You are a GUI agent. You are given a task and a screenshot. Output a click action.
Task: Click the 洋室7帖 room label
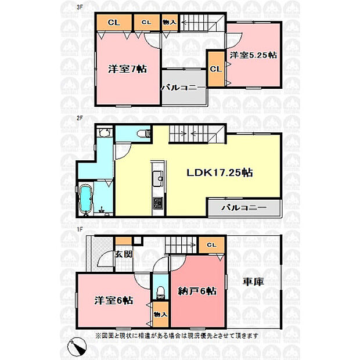(128, 69)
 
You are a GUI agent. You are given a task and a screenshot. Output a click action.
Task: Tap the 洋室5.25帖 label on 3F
(254, 55)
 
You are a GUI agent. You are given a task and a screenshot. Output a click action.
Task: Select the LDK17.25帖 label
(219, 172)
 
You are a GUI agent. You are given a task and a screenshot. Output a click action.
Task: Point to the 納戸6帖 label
(197, 291)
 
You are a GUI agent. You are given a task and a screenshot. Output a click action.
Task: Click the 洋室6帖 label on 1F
(114, 300)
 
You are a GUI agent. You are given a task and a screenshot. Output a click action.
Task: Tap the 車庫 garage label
(254, 282)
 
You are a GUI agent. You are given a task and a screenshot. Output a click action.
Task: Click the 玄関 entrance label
(124, 254)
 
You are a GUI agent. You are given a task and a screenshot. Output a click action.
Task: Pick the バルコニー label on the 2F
(244, 208)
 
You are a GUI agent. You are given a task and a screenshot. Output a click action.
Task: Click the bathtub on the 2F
(85, 199)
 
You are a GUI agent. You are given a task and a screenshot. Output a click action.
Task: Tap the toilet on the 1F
(161, 293)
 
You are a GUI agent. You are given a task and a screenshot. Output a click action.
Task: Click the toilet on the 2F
(143, 134)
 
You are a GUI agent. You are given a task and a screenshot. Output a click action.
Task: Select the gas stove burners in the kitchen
(158, 203)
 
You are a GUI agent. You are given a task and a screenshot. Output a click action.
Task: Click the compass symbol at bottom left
(77, 346)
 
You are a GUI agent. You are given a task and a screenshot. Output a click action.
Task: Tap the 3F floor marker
(80, 7)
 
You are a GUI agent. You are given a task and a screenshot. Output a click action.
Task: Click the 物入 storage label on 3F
(170, 22)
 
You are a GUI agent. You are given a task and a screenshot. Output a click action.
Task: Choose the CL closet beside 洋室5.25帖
(216, 69)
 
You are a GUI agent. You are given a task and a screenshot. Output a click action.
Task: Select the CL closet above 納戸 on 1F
(211, 245)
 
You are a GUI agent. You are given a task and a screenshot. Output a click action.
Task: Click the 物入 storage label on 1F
(160, 314)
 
